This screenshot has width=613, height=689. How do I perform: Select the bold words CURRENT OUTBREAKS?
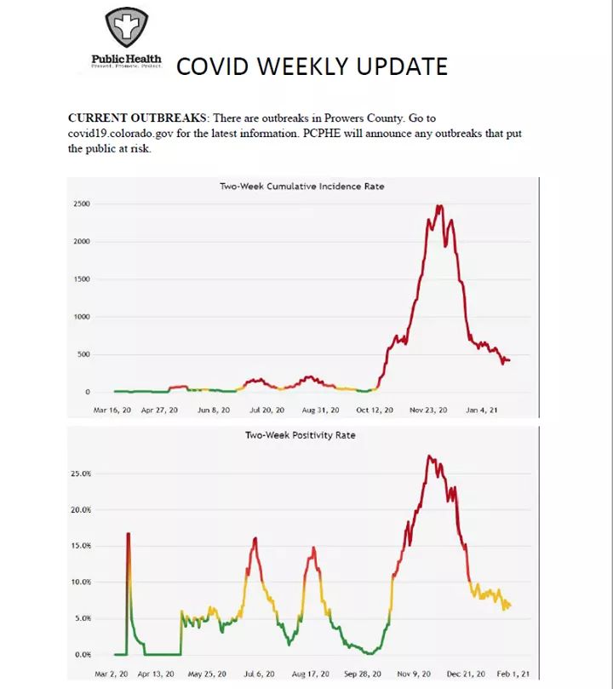point(136,118)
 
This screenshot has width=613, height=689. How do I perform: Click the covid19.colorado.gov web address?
point(129,133)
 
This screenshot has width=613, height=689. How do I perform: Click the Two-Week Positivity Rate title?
point(300,435)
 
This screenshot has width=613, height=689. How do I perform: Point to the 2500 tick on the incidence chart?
point(81,204)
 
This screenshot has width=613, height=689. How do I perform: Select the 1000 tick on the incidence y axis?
point(81,317)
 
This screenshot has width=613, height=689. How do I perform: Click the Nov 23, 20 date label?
point(428,410)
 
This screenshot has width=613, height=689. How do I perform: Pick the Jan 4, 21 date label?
point(482,410)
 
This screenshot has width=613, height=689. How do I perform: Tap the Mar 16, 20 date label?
point(112,410)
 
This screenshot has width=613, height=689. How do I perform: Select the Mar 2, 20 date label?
point(111,673)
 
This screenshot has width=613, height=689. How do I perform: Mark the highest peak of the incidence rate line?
point(438,205)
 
